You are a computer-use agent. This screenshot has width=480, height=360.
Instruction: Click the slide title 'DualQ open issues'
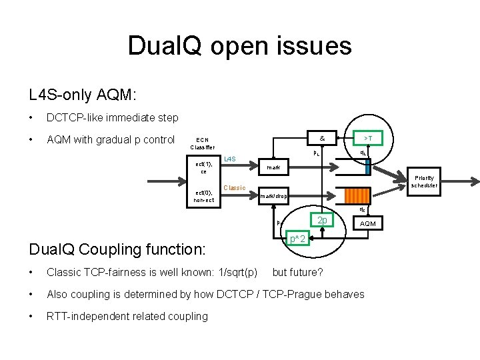(x=239, y=46)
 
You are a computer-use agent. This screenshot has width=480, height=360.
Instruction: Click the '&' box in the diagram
(x=322, y=139)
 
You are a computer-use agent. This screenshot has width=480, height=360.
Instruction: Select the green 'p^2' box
(x=297, y=238)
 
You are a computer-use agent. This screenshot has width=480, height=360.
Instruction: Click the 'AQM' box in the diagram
(x=368, y=224)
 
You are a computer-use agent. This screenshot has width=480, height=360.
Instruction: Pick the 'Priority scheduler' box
(x=424, y=181)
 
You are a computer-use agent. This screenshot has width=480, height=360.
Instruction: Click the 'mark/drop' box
(x=273, y=196)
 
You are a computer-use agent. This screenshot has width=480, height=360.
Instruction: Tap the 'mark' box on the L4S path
(x=273, y=167)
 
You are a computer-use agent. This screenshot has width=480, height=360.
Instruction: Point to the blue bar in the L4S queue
(x=366, y=167)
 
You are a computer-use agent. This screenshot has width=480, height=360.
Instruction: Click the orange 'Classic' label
(x=234, y=187)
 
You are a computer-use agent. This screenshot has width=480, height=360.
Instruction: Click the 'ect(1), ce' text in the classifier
(x=203, y=167)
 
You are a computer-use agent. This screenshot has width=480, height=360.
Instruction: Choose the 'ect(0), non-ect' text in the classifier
(x=203, y=196)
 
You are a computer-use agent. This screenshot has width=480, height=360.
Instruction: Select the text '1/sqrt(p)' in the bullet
(x=238, y=273)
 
